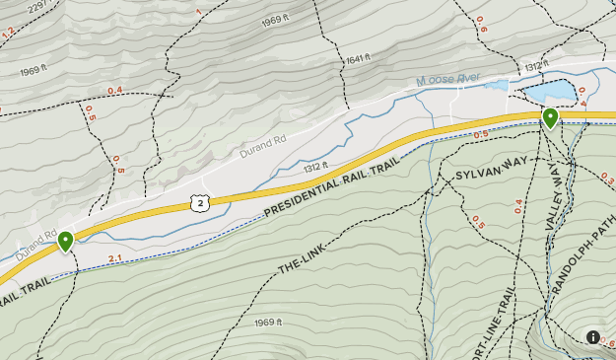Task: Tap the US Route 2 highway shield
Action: tap(199, 202)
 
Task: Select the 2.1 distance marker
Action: tap(114, 258)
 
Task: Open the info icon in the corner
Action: tap(593, 337)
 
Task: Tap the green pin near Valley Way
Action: tap(550, 118)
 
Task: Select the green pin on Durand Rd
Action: tap(65, 240)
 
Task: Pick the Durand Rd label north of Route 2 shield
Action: tap(263, 148)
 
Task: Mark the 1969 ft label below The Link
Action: tap(268, 323)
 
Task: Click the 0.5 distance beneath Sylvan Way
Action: tap(479, 222)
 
